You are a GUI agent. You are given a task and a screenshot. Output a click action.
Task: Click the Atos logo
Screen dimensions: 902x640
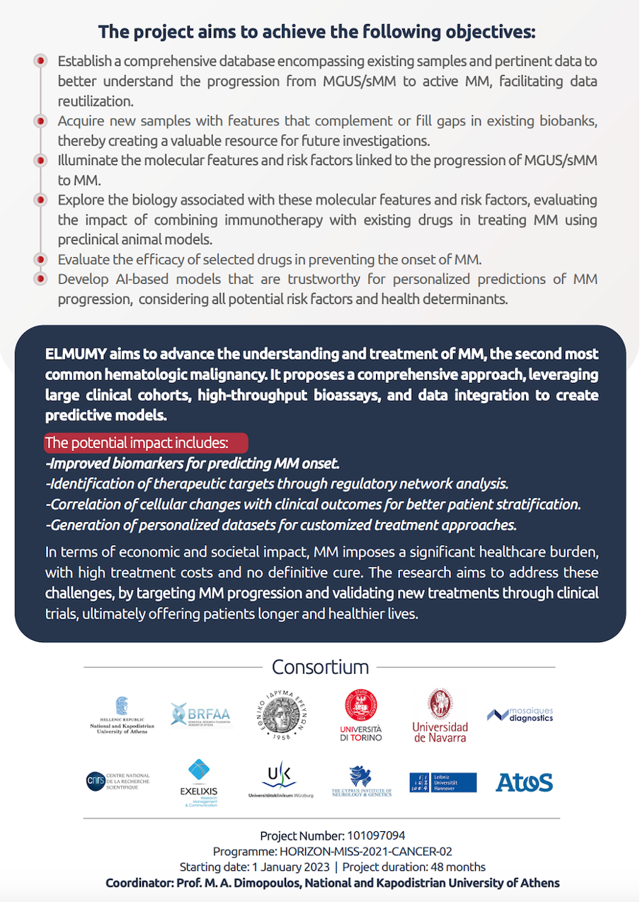[524, 782]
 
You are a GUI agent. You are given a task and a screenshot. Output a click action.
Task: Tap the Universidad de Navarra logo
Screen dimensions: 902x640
[440, 715]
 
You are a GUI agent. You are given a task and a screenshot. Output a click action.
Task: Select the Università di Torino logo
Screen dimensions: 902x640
[360, 715]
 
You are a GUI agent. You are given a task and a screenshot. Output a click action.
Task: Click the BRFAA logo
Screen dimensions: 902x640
[200, 714]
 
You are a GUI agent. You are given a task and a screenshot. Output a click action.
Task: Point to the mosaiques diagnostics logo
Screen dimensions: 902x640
[520, 714]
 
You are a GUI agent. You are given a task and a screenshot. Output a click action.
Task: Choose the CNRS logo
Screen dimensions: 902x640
[118, 782]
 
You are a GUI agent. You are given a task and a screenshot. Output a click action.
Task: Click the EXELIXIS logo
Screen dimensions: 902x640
[198, 782]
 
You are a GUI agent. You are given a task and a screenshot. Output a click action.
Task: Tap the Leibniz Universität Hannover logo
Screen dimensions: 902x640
[442, 782]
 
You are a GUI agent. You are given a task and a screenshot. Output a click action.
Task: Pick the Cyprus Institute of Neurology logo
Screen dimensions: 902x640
[361, 782]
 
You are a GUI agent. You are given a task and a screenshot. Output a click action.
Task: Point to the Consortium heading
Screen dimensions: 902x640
[320, 667]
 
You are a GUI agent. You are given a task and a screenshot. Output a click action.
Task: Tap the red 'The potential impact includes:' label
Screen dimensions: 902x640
[146, 443]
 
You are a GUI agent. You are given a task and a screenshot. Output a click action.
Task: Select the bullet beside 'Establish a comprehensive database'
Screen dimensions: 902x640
[41, 61]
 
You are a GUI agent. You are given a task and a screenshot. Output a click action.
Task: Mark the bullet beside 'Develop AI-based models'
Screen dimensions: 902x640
[41, 278]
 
